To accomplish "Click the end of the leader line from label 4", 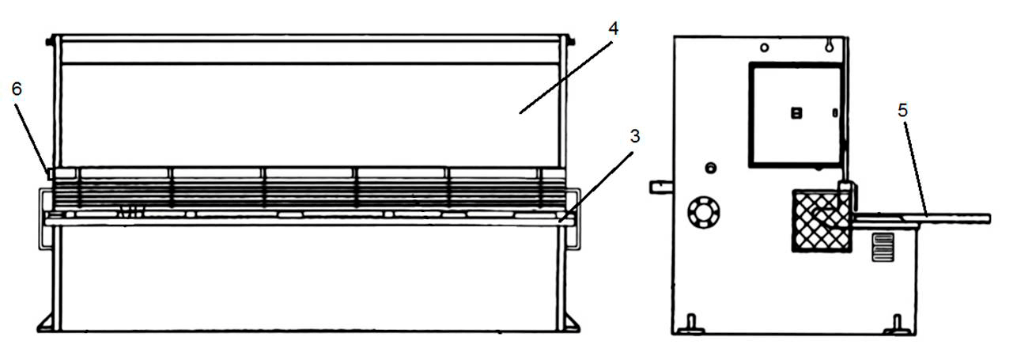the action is tap(520, 112).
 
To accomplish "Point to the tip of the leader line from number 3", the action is tap(560, 221).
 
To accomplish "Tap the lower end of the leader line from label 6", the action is tap(48, 172).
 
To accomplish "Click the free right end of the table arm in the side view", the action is tap(990, 219).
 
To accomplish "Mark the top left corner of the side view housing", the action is tap(675, 37).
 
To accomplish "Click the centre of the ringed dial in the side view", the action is tap(704, 213).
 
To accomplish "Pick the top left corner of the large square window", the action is tap(750, 64).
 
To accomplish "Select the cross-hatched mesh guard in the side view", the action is tap(822, 220).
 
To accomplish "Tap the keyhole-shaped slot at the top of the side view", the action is tap(829, 45).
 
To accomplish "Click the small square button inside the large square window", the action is tap(796, 112).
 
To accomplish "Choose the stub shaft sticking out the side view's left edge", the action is tap(661, 187).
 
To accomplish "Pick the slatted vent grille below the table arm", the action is tap(883, 247).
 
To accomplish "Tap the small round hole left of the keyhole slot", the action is tap(765, 47).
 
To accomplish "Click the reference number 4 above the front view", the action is tap(613, 29).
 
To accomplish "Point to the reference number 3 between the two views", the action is tap(635, 136).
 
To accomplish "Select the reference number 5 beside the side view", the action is tap(902, 110).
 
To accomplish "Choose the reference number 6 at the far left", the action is tap(17, 89).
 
